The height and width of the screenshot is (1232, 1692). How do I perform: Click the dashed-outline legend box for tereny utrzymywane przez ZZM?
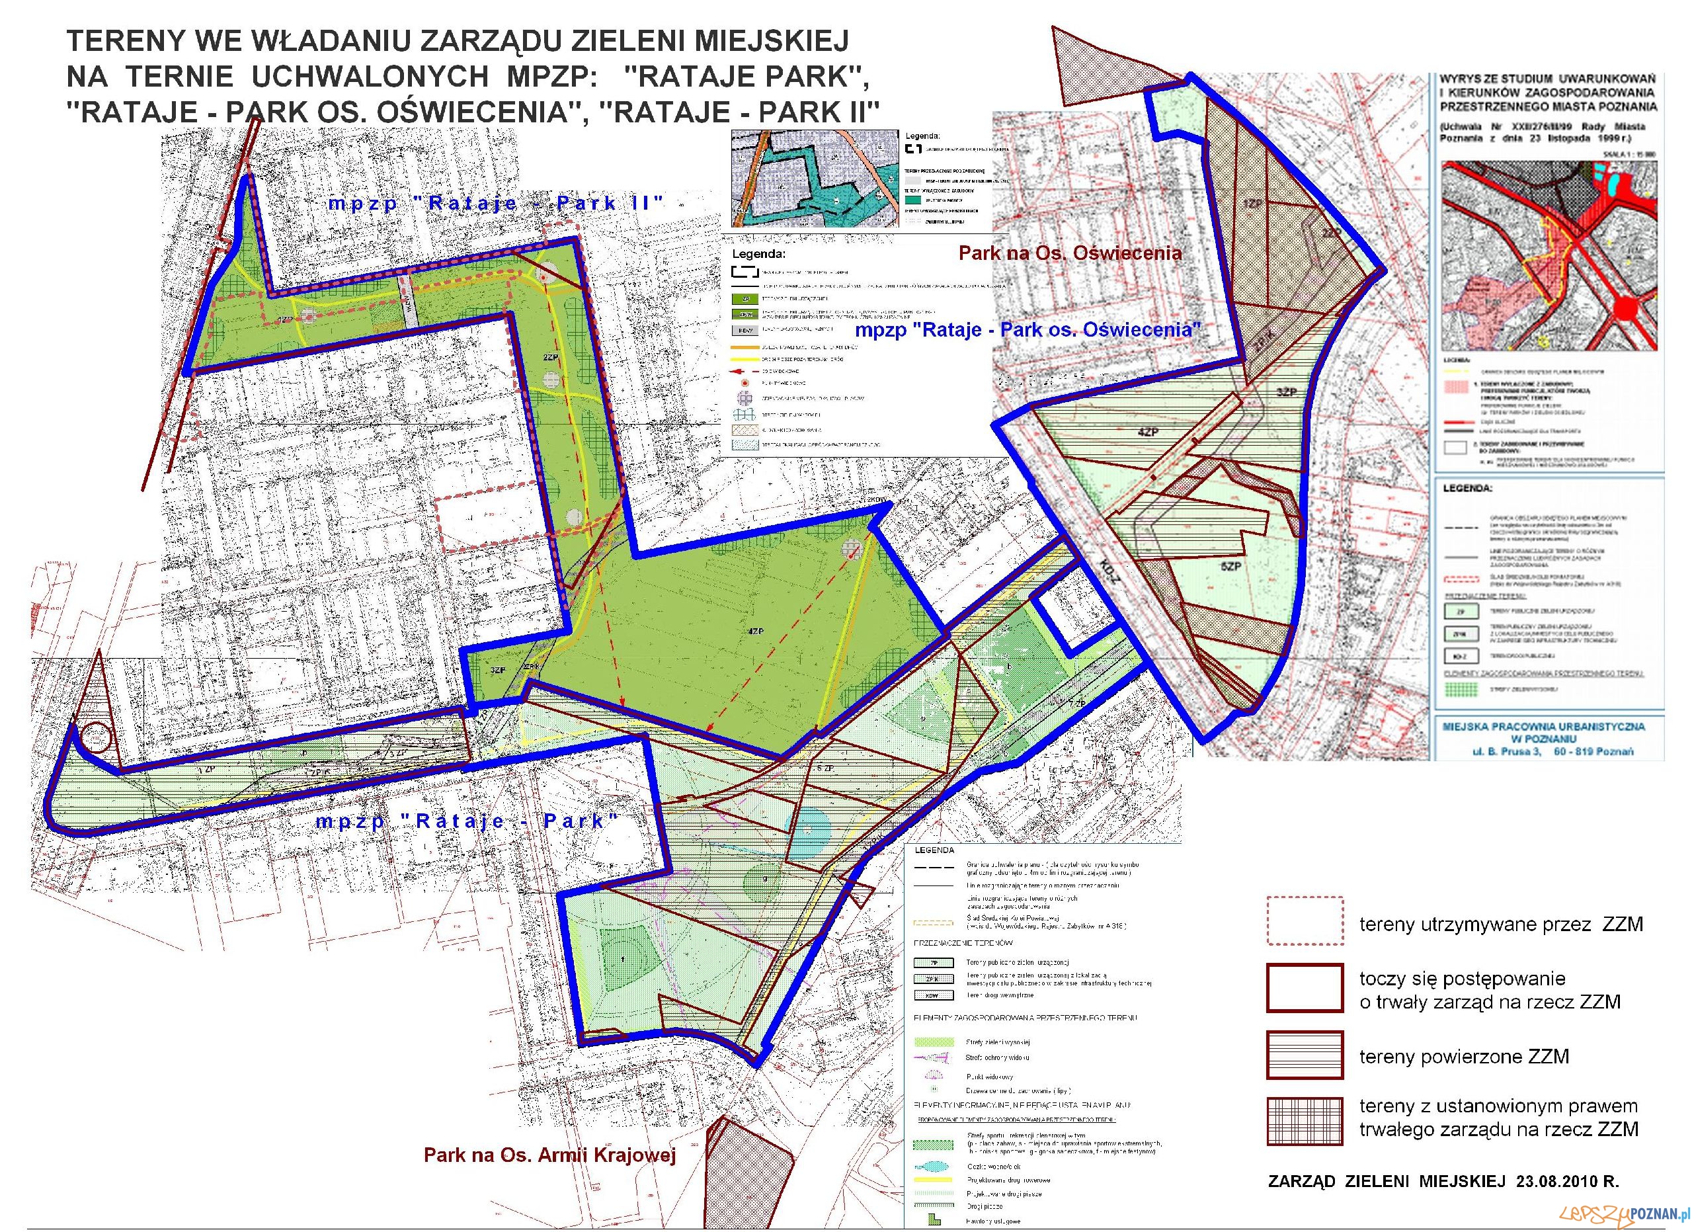[1304, 921]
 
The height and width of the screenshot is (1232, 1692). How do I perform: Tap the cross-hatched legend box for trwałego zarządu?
[1304, 1120]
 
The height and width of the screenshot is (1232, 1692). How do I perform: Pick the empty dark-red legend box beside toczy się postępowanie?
[1304, 987]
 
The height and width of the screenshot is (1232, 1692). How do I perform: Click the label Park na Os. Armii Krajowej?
[550, 1155]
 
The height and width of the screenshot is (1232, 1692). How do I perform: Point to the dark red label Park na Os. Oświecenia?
[1070, 253]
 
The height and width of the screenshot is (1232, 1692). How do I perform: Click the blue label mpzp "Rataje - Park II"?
[495, 203]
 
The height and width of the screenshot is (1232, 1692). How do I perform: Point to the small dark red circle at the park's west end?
[97, 739]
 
